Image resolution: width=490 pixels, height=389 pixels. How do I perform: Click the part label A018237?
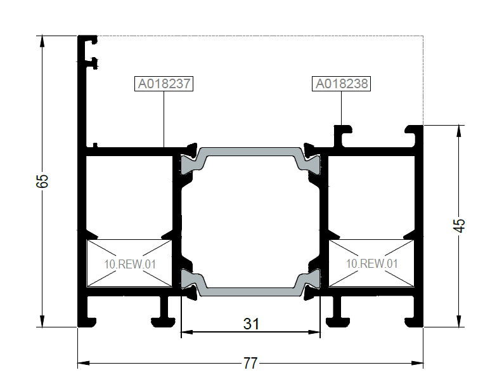tap(164, 84)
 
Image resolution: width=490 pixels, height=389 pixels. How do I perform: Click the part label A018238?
tap(341, 84)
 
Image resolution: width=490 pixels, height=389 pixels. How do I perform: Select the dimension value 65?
tap(42, 181)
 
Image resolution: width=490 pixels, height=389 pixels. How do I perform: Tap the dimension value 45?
tap(459, 225)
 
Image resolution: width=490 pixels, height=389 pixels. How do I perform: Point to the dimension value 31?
tap(251, 324)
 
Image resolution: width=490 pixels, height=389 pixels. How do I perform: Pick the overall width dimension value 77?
tap(250, 364)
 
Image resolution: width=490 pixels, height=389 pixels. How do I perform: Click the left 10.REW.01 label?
tap(130, 264)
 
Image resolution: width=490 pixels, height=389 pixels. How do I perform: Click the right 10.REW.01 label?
tap(372, 263)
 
